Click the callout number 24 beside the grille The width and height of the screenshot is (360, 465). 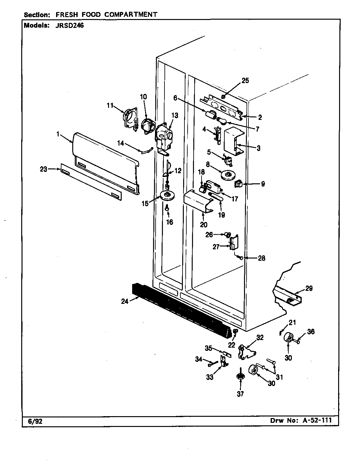(125, 301)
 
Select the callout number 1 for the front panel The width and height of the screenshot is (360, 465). (58, 134)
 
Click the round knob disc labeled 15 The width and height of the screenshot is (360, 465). (168, 196)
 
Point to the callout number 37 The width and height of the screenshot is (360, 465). (241, 394)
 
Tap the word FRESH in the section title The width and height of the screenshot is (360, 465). (67, 15)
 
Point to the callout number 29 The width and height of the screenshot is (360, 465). (309, 288)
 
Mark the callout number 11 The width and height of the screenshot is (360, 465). (110, 106)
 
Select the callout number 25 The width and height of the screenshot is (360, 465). (245, 81)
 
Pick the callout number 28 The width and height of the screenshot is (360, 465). (261, 258)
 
